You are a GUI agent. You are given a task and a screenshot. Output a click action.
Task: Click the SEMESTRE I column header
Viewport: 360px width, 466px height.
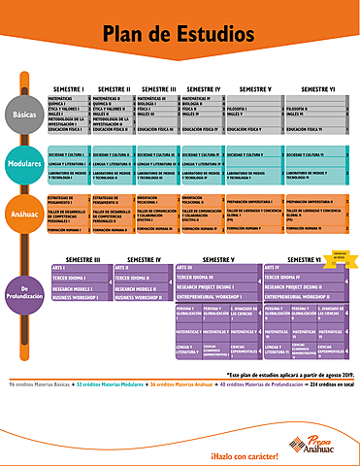point(69,88)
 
